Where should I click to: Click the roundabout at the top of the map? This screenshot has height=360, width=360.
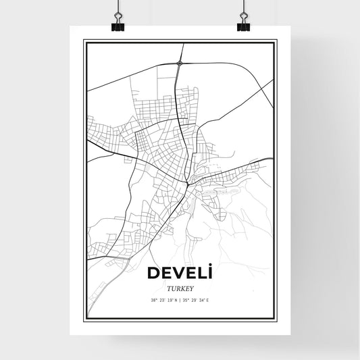[180, 64]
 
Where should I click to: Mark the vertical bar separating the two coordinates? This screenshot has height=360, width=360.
[180, 301]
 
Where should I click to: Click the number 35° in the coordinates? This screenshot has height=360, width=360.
[186, 301]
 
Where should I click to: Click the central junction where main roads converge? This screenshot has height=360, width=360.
[186, 182]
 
